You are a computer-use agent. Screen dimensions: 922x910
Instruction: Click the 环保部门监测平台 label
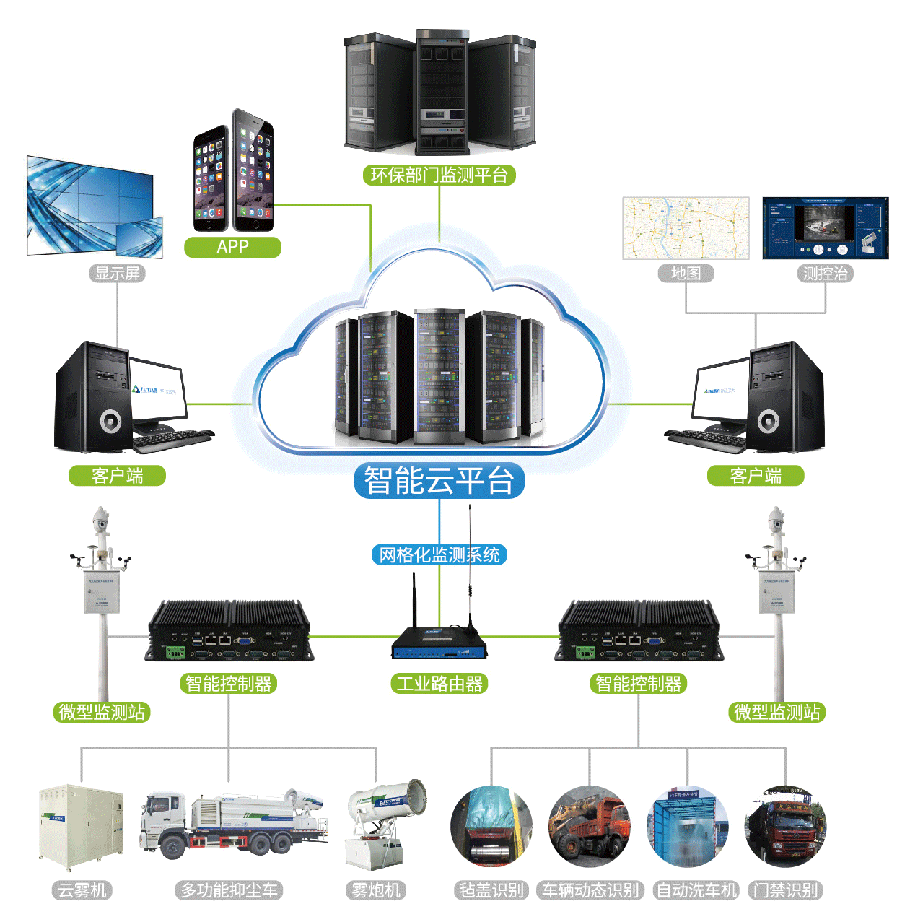(439, 175)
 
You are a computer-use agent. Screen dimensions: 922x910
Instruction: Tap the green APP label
(232, 247)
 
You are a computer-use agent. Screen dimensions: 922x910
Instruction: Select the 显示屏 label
(118, 274)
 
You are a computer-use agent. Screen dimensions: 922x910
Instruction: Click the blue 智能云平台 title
(439, 481)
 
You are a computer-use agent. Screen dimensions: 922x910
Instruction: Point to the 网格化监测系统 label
(439, 554)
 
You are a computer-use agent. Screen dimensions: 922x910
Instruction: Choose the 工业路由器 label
(439, 684)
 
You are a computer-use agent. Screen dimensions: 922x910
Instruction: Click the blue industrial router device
(439, 643)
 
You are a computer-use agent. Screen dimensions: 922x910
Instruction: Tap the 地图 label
(686, 274)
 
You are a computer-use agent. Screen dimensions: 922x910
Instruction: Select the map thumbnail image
(686, 228)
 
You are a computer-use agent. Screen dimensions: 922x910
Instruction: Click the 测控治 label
(825, 274)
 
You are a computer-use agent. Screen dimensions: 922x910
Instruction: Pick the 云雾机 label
(82, 890)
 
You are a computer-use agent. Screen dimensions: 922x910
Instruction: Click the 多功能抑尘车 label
(229, 890)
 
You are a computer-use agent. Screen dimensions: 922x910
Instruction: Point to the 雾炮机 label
(375, 890)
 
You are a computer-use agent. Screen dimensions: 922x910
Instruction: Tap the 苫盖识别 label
(491, 890)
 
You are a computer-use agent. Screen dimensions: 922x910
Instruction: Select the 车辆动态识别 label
(590, 890)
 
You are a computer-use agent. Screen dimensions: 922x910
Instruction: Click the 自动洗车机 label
(696, 890)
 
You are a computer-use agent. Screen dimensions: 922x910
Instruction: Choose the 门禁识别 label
(785, 890)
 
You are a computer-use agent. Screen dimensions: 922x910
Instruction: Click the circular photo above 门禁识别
(785, 827)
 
